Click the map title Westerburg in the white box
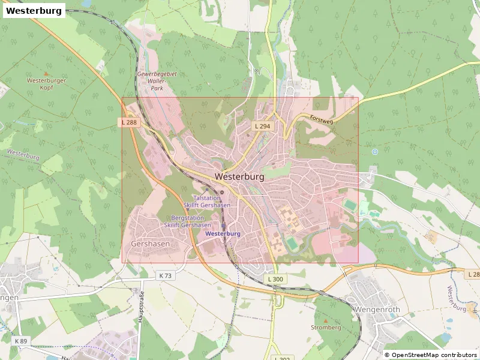point(34,11)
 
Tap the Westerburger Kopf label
point(46,84)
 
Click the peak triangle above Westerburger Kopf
point(46,73)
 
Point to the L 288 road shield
point(128,122)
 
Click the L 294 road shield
point(262,127)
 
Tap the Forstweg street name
point(321,120)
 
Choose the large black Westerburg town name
point(239,177)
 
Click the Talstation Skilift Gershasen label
point(211,202)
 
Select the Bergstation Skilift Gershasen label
point(187,221)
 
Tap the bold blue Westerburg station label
point(223,233)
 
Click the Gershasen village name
point(150,244)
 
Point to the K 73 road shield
point(165,275)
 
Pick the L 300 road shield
point(275,280)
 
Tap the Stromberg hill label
point(326,328)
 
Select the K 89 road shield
point(20,341)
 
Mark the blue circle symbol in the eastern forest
point(375,152)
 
